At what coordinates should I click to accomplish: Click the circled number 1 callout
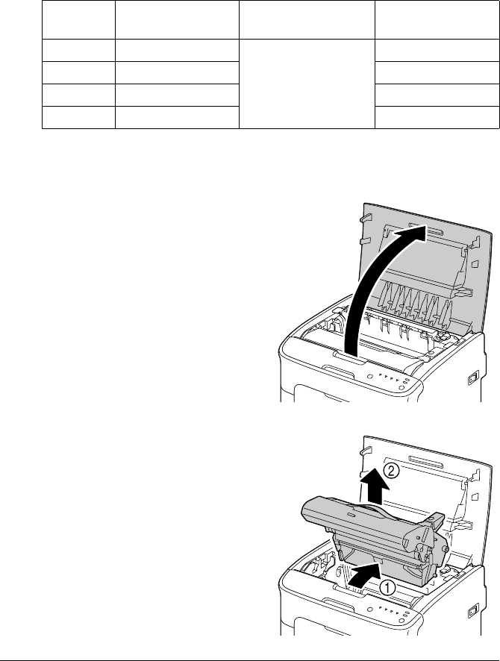387,586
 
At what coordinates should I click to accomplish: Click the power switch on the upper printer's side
472,379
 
